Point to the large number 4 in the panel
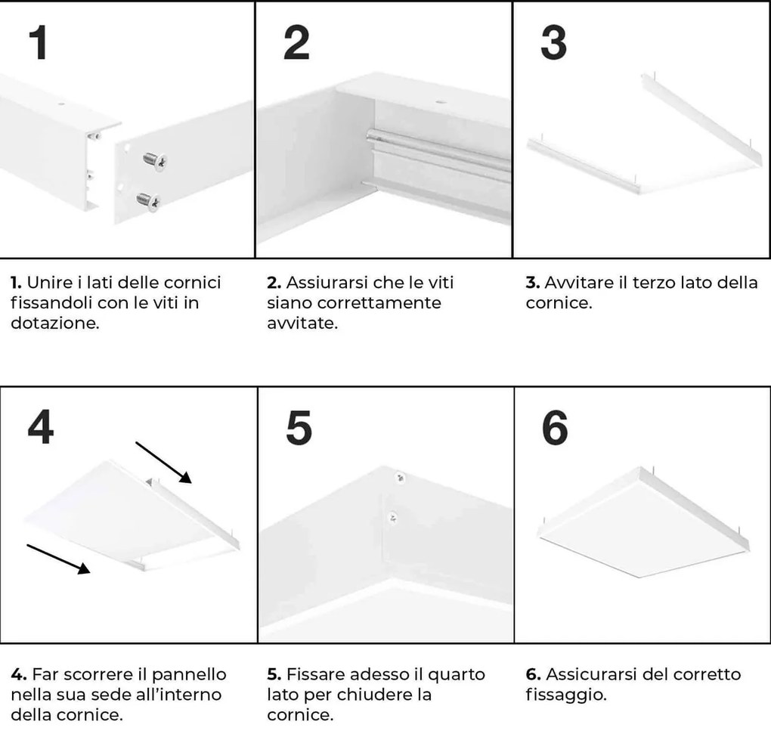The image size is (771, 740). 40,429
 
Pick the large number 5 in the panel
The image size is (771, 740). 299,429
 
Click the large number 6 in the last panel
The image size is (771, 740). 556,429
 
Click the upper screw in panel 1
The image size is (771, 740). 156,159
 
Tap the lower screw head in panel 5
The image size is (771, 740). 392,516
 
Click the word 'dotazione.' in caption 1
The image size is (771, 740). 54,323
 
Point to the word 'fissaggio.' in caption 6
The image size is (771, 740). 565,694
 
